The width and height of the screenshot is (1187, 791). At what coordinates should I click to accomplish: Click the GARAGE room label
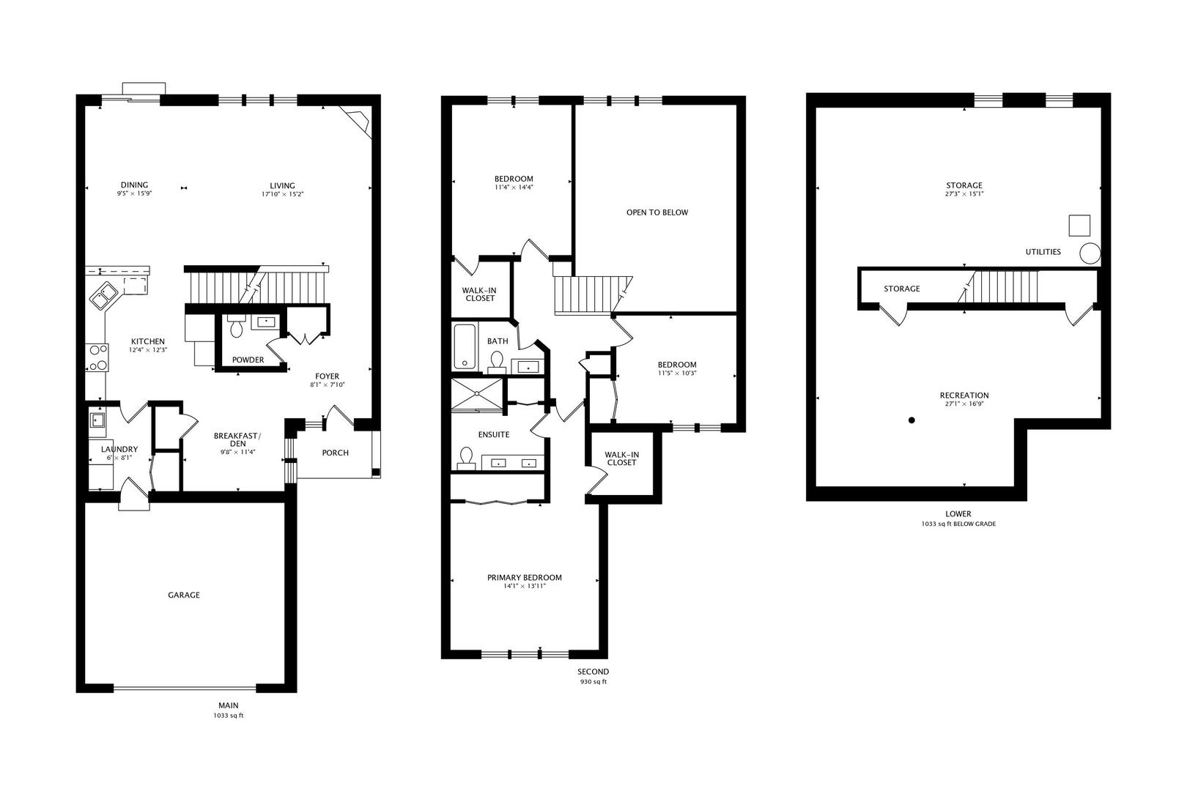tap(184, 595)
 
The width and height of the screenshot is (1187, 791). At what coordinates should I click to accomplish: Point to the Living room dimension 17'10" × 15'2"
tap(282, 195)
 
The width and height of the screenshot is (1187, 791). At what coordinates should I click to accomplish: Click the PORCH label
tap(336, 453)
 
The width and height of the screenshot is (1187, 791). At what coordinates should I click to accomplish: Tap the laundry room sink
tap(97, 420)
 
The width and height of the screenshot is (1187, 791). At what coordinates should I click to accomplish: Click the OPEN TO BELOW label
tap(657, 212)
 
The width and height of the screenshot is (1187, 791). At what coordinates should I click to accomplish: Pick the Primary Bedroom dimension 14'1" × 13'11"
tap(525, 586)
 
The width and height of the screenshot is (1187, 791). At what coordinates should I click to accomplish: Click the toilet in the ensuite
tap(465, 457)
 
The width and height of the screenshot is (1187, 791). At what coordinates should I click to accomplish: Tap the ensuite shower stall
tap(477, 394)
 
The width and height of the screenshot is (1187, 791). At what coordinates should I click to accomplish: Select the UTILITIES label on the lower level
tap(1043, 252)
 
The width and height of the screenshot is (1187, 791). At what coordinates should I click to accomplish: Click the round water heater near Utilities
tap(1090, 253)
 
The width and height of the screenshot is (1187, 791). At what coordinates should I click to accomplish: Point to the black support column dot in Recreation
tap(911, 420)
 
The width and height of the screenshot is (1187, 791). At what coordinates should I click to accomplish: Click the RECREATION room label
tap(964, 395)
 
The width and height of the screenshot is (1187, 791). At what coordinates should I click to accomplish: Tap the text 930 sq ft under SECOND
tap(593, 682)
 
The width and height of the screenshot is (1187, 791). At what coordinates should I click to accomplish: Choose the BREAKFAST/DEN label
tap(237, 439)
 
